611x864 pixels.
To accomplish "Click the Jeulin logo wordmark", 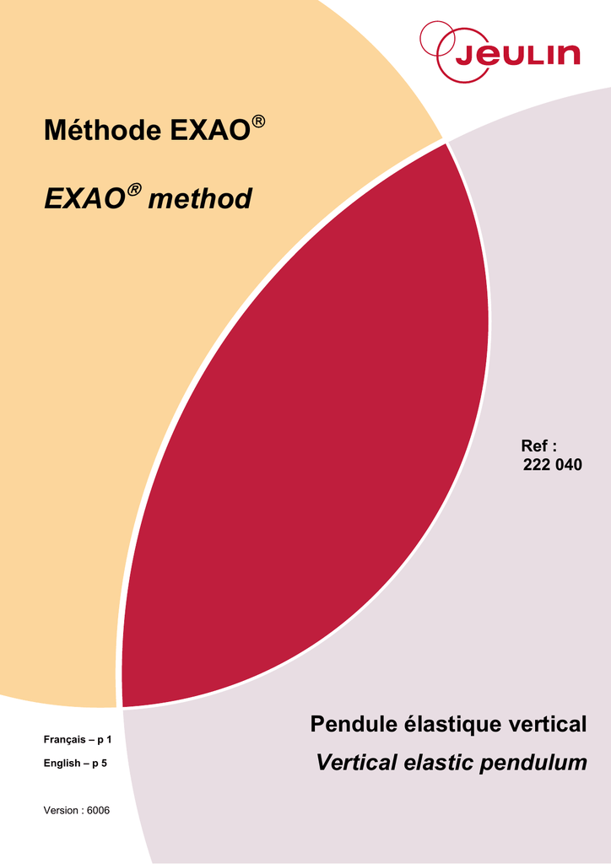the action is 517,56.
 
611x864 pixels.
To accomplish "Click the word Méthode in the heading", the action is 103,131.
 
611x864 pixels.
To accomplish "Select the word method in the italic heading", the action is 200,198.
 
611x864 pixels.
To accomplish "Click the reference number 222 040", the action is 553,465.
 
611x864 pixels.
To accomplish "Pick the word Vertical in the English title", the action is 356,763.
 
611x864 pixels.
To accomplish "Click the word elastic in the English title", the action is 439,763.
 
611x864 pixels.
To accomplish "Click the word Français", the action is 65,740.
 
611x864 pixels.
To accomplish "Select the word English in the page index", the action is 62,764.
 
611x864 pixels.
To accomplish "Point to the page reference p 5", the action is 100,764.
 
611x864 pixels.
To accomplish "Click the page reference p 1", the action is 105,740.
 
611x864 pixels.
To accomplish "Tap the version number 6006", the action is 99,811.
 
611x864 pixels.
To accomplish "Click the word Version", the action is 61,811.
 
